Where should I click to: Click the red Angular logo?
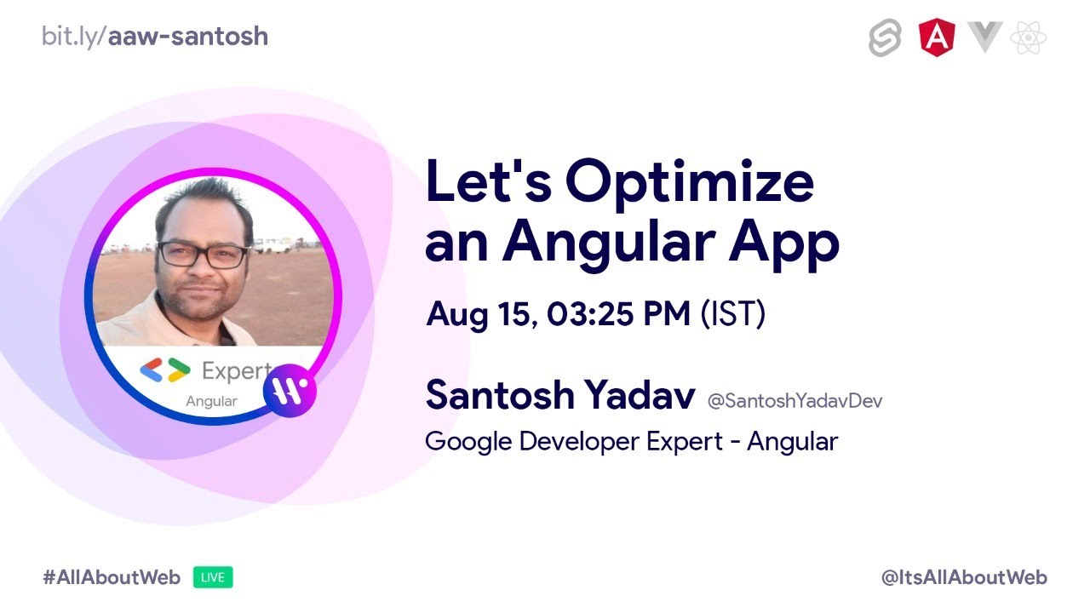937,37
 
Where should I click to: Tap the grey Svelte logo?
885,38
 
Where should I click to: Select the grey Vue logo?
985,37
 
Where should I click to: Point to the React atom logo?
1028,37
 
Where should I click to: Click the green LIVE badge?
213,577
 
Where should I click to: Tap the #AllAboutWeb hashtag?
112,577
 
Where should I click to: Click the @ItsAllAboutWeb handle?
964,577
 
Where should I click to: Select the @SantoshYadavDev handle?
795,401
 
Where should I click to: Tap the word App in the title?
784,243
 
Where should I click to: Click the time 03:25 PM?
618,313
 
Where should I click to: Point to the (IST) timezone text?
733,314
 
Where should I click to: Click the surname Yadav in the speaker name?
640,394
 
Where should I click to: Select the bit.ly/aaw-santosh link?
155,37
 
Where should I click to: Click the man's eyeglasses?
204,254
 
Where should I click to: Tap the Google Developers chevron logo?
165,370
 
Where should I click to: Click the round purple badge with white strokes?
290,391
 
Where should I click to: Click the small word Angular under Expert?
212,402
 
